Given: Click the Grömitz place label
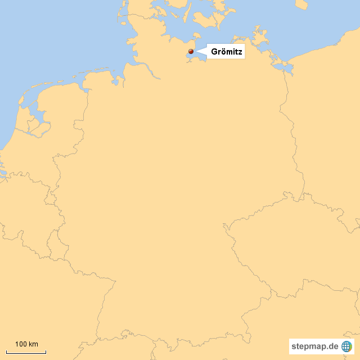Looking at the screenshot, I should pyautogui.click(x=226, y=52).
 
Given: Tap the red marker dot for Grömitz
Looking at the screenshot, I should pyautogui.click(x=191, y=52).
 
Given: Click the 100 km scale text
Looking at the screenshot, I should pyautogui.click(x=26, y=344).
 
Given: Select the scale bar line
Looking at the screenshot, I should pyautogui.click(x=26, y=352).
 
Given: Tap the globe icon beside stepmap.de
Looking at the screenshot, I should pyautogui.click(x=346, y=346).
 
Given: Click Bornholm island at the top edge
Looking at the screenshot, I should pyautogui.click(x=301, y=4).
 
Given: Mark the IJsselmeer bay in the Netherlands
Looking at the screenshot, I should pyautogui.click(x=37, y=118).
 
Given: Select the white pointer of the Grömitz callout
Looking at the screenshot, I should pyautogui.click(x=201, y=52).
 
